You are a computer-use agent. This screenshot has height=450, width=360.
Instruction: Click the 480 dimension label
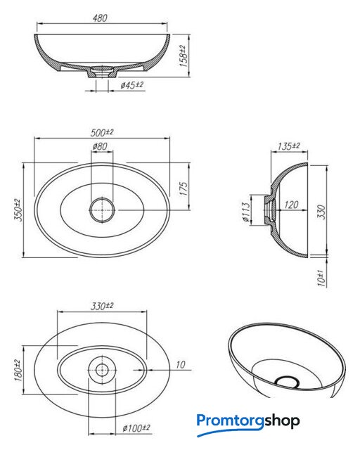click(x=100, y=18)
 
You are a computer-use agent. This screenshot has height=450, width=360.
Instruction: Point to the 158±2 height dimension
click(x=184, y=56)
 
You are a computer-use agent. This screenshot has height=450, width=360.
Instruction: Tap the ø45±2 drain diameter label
click(x=131, y=85)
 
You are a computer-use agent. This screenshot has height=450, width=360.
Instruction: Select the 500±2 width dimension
click(x=102, y=133)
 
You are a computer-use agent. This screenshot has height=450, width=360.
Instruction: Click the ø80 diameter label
click(x=100, y=146)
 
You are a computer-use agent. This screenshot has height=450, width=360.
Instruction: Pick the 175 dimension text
click(x=184, y=188)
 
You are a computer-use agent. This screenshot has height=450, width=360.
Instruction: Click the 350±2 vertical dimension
click(x=18, y=210)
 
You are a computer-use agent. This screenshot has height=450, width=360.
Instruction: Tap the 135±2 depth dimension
click(x=288, y=146)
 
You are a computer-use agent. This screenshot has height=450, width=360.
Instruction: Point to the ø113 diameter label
click(x=246, y=212)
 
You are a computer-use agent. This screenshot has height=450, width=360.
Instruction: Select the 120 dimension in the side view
click(x=291, y=205)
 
